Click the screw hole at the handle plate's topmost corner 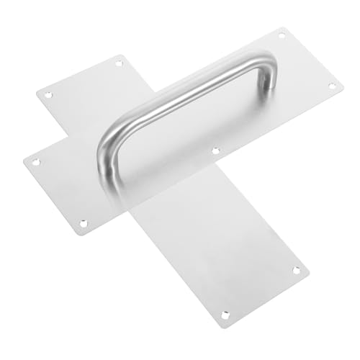pyautogui.click(x=282, y=35)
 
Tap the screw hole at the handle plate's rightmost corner pyautogui.click(x=332, y=86)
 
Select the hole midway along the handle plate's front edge pyautogui.click(x=215, y=150)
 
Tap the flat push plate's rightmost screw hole pyautogui.click(x=296, y=270)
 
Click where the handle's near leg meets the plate pyautogui.click(x=108, y=180)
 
